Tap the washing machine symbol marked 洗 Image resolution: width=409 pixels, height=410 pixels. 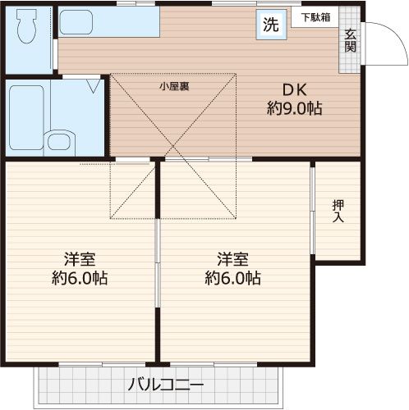(270, 25)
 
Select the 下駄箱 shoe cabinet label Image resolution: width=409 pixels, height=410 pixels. (315, 16)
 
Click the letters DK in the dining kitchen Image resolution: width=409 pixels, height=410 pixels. (293, 90)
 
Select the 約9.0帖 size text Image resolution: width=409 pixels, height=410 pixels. (293, 109)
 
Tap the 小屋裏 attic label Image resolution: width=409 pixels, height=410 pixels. (173, 86)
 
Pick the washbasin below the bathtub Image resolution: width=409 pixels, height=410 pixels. (59, 142)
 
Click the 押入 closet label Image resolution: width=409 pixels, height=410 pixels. (338, 211)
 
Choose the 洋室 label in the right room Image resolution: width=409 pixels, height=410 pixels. (232, 260)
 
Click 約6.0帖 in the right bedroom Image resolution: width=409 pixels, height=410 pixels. (232, 278)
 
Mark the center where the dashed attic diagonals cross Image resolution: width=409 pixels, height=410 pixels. (173, 147)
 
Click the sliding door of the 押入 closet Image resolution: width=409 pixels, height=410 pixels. (312, 212)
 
